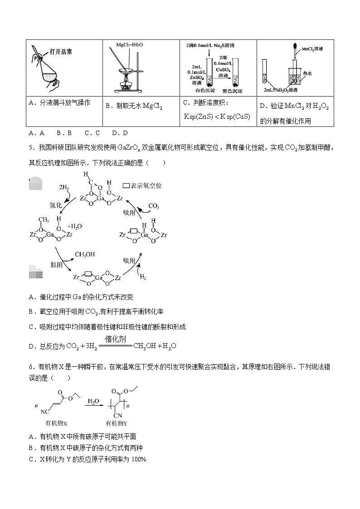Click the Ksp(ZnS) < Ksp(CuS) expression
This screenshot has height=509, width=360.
coord(217,116)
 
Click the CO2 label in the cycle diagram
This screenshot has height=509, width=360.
coord(154,206)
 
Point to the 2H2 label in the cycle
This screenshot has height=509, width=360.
coord(64,187)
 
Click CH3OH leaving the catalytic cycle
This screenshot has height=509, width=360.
coord(85,255)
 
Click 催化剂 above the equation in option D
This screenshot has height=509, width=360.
coord(115,339)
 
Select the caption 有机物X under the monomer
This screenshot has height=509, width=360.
coord(56,423)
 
